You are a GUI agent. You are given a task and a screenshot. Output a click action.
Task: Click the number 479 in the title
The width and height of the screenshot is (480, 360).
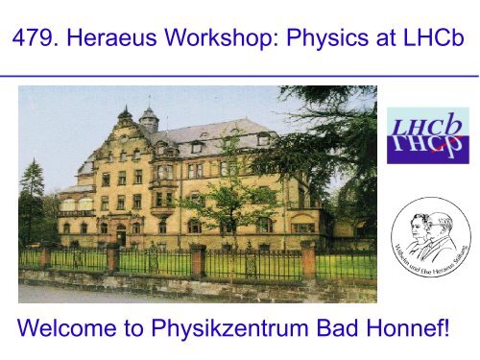[36, 37]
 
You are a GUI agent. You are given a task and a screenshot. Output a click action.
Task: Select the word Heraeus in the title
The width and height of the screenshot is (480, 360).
[111, 37]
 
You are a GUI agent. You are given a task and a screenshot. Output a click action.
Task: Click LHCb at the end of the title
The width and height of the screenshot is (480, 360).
[434, 37]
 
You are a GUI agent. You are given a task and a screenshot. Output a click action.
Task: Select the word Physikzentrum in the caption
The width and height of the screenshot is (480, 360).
[229, 328]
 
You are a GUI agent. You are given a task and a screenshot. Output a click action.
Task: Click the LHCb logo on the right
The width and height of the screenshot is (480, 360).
[428, 135]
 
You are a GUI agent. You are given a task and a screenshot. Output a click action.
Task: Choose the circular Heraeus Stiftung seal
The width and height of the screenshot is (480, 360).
[431, 236]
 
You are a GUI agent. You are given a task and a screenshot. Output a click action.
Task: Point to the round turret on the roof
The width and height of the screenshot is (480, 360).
[149, 119]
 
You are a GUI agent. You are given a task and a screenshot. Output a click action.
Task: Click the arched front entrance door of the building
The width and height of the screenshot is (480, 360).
[121, 235]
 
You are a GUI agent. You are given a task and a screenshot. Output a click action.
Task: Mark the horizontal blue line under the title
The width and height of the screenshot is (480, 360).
[239, 76]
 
